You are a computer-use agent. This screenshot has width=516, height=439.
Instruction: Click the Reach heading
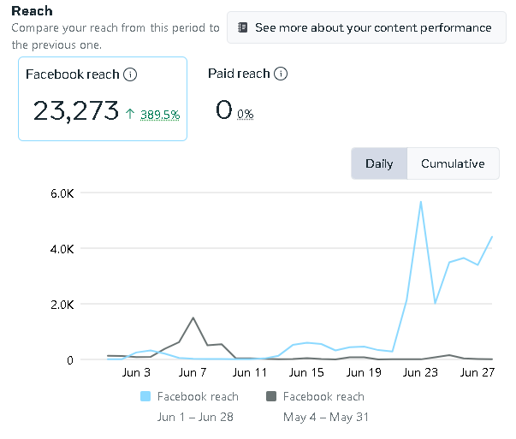tap(32, 11)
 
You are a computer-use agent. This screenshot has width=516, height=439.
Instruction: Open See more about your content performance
tap(365, 27)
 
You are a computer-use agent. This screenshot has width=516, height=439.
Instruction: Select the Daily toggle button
tap(379, 163)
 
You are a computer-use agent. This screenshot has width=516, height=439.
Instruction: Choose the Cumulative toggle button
tap(453, 163)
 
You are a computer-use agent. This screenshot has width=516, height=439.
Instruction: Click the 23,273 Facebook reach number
tap(75, 110)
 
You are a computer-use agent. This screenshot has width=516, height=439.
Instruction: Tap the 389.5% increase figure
tap(158, 114)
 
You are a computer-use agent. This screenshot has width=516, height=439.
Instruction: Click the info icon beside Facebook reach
tap(130, 74)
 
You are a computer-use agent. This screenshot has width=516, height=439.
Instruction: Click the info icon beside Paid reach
tap(280, 74)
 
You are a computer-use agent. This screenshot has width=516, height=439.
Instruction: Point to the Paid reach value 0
tap(223, 110)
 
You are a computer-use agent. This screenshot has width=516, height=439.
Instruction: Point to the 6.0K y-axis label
tap(64, 193)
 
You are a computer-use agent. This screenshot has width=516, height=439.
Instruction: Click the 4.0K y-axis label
tap(64, 249)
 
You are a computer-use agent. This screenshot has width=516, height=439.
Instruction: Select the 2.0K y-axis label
tap(64, 305)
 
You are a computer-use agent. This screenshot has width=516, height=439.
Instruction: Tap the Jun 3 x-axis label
tap(136, 373)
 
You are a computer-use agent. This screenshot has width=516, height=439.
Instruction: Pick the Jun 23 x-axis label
tap(419, 373)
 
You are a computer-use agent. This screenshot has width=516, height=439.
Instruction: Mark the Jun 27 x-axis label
tap(476, 373)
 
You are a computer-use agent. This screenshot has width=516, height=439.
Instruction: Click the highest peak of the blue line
tap(420, 202)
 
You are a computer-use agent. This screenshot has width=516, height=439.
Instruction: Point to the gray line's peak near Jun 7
tap(193, 317)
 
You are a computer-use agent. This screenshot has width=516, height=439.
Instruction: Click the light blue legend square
tap(145, 396)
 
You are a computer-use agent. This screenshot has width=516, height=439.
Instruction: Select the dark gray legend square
tap(271, 396)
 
